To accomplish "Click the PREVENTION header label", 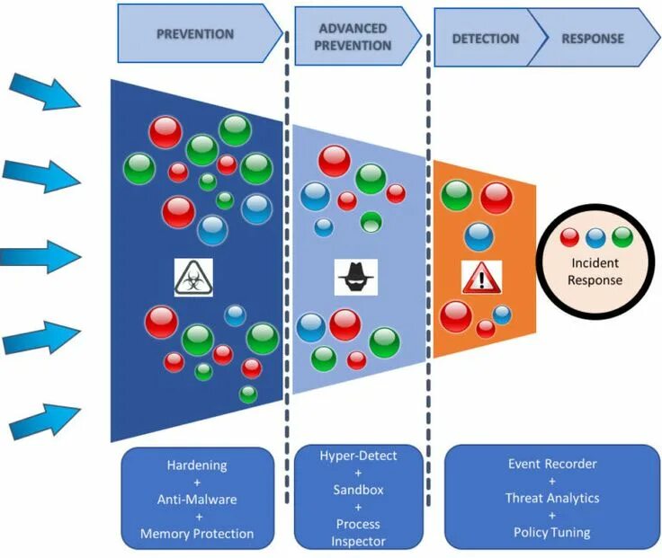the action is coord(195,34).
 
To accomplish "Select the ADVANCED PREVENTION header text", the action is coord(353,37).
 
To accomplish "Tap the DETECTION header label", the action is coord(486,39).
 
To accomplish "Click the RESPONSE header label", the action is coord(593,39).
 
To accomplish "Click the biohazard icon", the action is coord(193,278).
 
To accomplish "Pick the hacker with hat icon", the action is coord(356,277).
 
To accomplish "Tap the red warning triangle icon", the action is coord(482,278).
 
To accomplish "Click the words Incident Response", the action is coord(595,271).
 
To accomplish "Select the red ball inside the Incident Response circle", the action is coord(569,237).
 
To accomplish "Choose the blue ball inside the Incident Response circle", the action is coord(595,238).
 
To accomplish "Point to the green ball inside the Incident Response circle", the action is coord(622,237).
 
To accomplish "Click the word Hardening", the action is coord(197,465).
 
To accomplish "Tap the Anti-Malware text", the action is coord(197,500).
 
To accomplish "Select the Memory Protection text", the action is coord(197,534).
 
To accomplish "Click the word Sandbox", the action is coord(359,490).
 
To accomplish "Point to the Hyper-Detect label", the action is coord(359,456).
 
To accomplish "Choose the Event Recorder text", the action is coord(552,464).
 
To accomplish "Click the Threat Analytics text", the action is coord(552,498).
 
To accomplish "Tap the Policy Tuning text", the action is coord(552,532).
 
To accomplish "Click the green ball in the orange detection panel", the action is coord(457,196).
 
